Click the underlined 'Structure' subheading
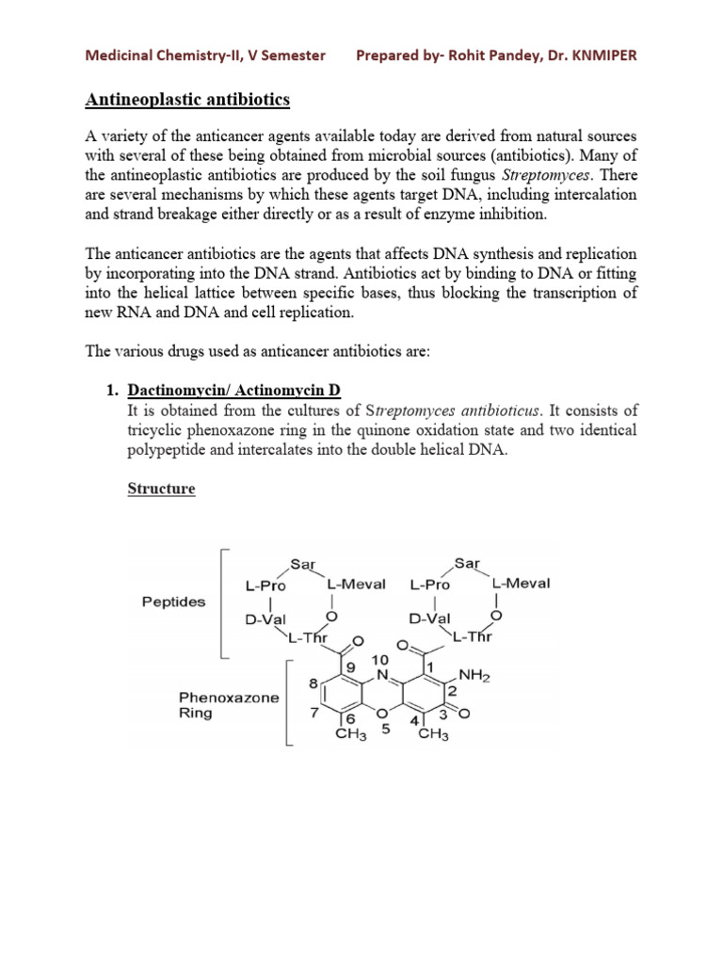161,490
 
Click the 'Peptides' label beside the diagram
174,602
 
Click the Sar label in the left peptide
301,564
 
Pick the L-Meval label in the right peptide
521,583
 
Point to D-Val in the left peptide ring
265,619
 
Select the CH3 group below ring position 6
352,735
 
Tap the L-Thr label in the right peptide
473,637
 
